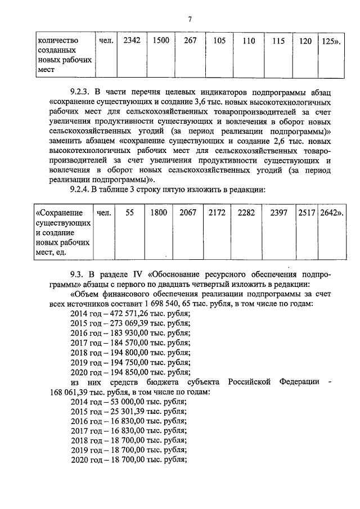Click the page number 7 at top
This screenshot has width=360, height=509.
pyautogui.click(x=190, y=20)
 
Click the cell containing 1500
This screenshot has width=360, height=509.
pyautogui.click(x=161, y=40)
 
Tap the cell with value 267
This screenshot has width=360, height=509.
pyautogui.click(x=190, y=40)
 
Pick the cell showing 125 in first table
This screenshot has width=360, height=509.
pyautogui.click(x=329, y=41)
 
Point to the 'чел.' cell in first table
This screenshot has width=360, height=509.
pyautogui.click(x=106, y=40)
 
